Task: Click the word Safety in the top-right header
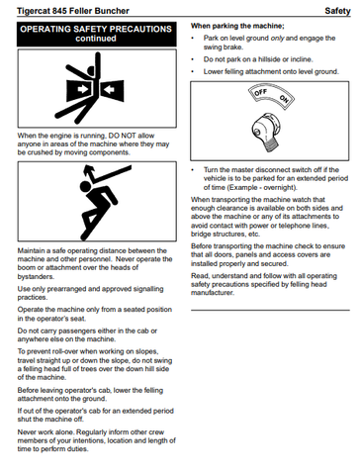point(337,11)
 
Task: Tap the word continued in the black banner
point(96,39)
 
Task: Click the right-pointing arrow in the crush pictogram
point(82,89)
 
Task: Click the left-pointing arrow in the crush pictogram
point(108,89)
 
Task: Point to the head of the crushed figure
point(91,71)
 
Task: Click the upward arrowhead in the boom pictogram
point(89,170)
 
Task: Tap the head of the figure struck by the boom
point(85,186)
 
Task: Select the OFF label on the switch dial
point(260,92)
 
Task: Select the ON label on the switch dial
point(283,99)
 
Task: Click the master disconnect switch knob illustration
point(266,132)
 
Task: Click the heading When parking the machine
point(237,26)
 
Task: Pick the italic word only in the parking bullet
point(277,38)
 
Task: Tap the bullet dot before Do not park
point(193,59)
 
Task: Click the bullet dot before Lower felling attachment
point(193,72)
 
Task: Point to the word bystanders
point(36,276)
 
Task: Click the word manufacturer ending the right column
point(213,293)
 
